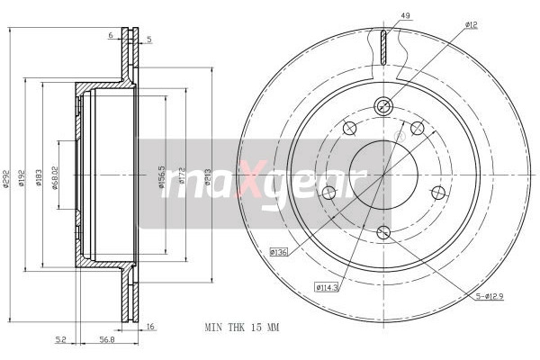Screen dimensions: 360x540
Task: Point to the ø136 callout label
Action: coord(279,252)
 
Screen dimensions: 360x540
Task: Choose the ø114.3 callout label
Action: coord(327,287)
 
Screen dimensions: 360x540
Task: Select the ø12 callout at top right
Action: coord(471,25)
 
